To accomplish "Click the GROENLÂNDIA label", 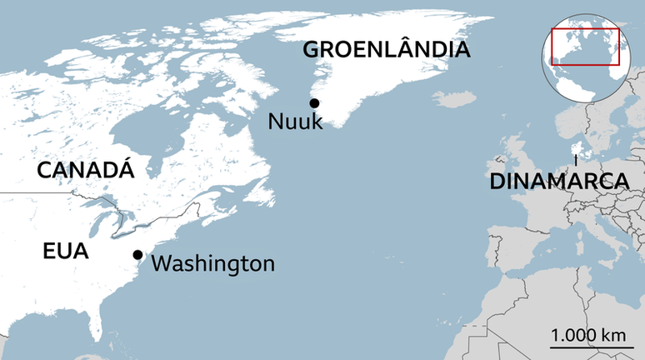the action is [386, 49].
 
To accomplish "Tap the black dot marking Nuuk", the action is [314, 103].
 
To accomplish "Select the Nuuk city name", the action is [295, 122].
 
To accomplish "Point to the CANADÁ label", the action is [86, 171].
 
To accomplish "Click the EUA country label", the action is [66, 250].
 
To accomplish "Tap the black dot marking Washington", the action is [137, 255].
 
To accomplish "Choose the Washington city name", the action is [213, 264].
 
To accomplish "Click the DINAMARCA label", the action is [558, 182].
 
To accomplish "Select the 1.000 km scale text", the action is [588, 335].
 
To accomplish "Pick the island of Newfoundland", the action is [262, 194].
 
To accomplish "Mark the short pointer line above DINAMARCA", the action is [575, 160].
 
